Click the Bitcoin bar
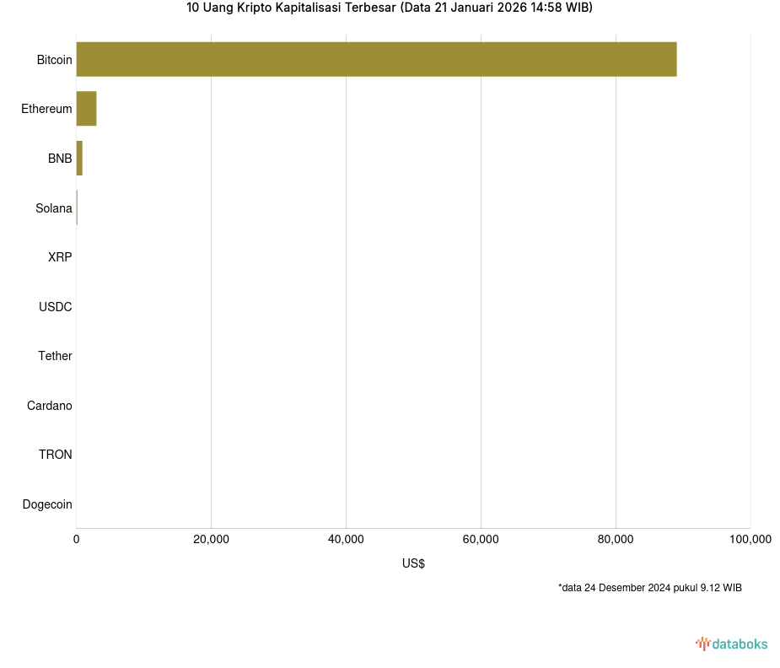376,59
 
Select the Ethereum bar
86,109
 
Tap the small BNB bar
79,159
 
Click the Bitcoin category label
54,60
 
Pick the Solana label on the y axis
54,208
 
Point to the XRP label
60,257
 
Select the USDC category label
56,307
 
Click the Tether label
55,356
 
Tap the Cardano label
50,406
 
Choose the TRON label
56,455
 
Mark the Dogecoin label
47,504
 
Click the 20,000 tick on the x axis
211,540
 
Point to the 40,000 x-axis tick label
346,540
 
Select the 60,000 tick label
481,540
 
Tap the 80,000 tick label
616,540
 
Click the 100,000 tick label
750,540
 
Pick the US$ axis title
413,563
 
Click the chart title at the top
390,8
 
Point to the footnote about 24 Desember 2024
649,588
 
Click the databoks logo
732,644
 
